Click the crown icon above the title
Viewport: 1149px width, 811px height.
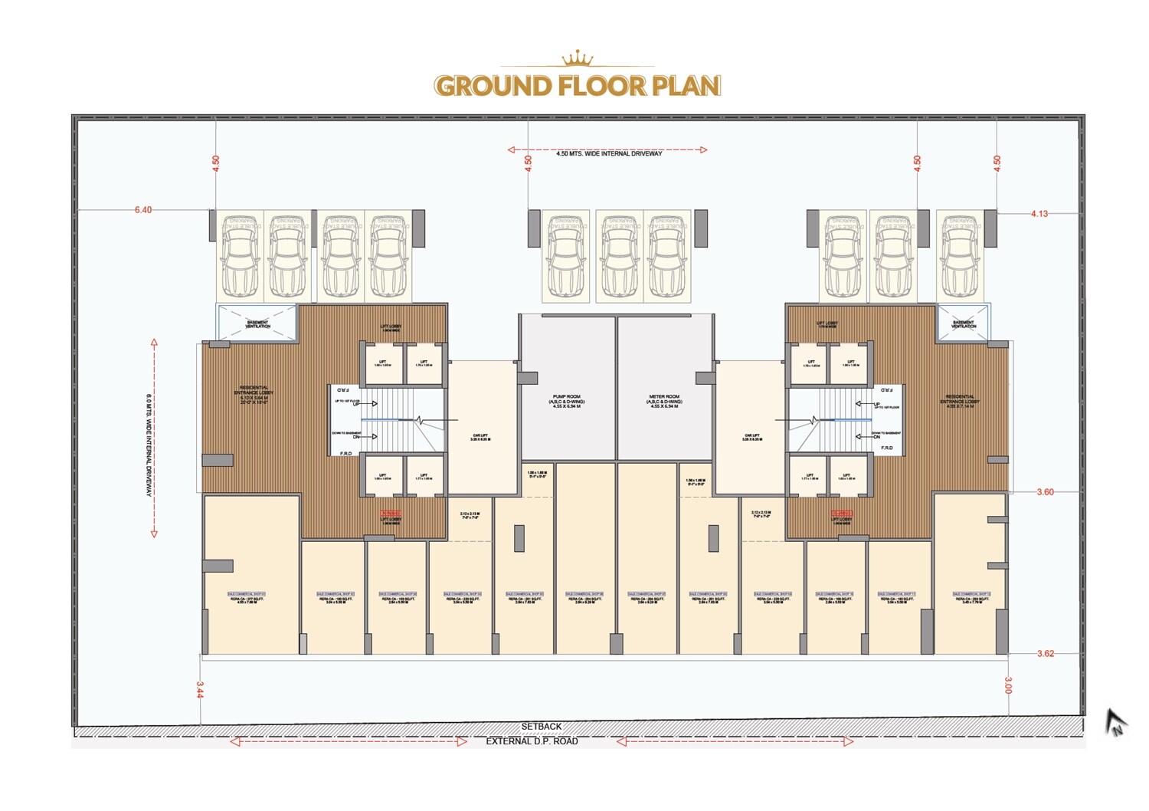point(578,59)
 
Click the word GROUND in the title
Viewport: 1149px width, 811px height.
point(492,85)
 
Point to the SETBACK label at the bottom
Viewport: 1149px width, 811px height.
point(542,726)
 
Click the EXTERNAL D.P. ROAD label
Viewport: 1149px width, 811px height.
point(532,741)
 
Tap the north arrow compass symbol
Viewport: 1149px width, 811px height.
point(1115,722)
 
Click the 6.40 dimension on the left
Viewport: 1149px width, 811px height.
point(143,209)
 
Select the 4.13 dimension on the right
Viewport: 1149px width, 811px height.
point(1039,214)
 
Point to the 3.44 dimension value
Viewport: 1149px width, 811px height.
point(200,689)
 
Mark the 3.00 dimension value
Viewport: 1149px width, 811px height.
point(1008,685)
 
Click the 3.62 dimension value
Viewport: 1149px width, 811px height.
point(1045,654)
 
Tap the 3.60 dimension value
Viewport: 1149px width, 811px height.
point(1045,492)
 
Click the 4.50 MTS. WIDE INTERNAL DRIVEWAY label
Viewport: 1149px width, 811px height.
point(609,153)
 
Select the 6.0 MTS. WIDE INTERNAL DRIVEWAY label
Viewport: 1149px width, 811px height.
point(149,445)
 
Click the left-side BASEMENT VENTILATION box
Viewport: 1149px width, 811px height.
point(257,323)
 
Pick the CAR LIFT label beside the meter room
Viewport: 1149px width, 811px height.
point(752,437)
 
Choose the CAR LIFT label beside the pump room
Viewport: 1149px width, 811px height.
point(480,437)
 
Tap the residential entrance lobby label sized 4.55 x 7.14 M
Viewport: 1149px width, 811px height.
point(960,401)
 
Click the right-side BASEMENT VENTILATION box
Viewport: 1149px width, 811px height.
point(963,323)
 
